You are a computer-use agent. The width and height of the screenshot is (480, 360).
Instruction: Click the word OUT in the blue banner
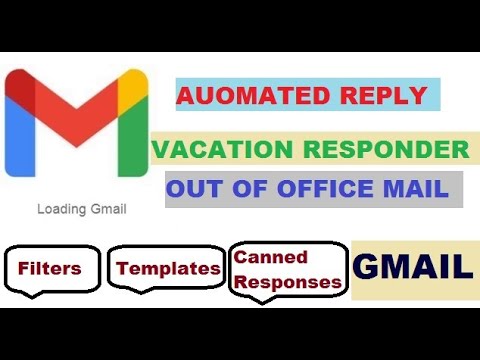[x=195, y=189]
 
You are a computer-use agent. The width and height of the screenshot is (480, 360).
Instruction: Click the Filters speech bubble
[x=49, y=268]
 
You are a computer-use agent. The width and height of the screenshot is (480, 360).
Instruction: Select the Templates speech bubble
[x=167, y=268]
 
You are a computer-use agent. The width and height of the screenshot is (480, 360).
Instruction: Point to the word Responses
[x=288, y=282]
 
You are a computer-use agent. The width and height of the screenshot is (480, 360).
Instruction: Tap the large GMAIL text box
[x=413, y=268]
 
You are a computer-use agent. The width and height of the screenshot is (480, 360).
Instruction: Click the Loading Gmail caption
[x=82, y=210]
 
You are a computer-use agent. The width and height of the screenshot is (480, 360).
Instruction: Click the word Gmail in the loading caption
[x=108, y=210]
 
